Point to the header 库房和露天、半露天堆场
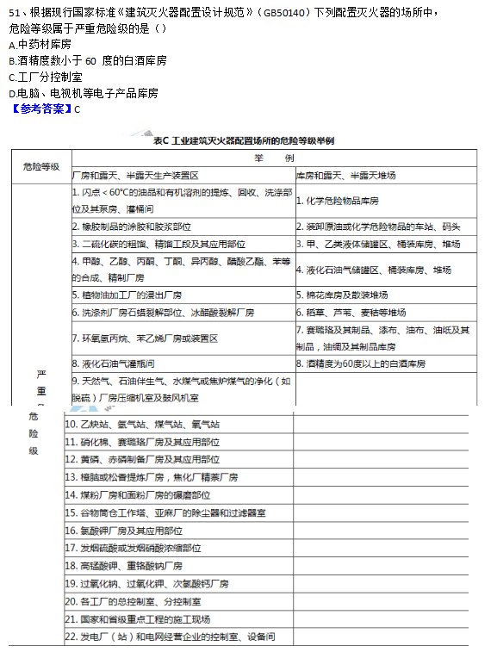345,175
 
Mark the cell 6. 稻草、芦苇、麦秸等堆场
348,312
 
